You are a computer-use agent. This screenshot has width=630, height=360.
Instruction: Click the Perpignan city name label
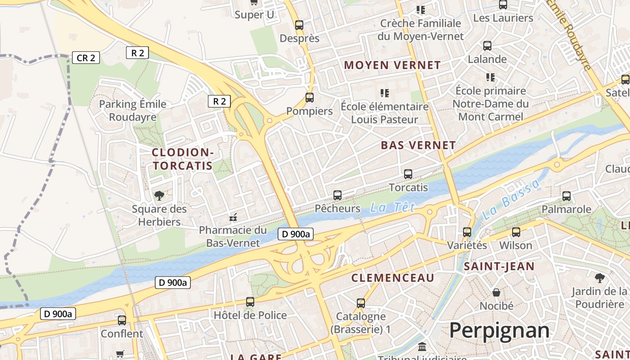pos(499,331)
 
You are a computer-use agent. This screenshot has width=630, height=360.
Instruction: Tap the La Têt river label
pos(391,207)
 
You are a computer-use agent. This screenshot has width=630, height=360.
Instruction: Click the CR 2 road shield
pos(85,58)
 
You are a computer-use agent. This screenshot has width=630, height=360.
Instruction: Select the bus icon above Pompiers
pos(310,98)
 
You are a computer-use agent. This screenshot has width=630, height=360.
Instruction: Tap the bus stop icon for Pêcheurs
pos(337,195)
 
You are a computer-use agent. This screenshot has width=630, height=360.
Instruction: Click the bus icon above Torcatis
pos(408,174)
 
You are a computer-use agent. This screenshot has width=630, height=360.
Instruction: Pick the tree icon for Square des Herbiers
pos(159,195)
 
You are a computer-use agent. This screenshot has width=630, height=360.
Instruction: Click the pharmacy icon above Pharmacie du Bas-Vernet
pos(233,217)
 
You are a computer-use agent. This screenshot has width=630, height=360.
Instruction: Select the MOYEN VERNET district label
pos(392,65)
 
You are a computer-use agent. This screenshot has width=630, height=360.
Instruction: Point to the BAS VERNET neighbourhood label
pos(418,145)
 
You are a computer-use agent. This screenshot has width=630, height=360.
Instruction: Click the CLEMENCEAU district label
pos(392,278)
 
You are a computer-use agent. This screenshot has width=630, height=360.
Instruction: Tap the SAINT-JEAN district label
pos(499,266)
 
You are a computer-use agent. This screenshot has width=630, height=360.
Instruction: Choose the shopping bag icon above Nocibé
pos(496,292)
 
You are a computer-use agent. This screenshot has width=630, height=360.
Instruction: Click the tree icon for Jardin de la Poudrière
pos(599,278)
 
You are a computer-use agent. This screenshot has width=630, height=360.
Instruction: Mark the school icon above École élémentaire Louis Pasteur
pos(384,93)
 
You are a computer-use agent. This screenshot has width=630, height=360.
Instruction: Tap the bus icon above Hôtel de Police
pos(250,302)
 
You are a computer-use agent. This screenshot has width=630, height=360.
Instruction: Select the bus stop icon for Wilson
pos(516,232)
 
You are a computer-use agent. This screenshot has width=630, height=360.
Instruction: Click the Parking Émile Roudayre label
pos(132,111)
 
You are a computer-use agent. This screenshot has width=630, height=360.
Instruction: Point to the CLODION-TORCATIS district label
pos(182,159)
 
